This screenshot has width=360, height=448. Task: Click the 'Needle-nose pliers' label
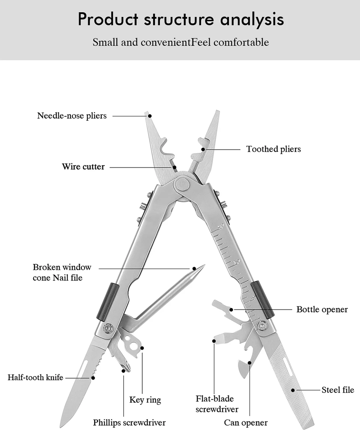point(72,116)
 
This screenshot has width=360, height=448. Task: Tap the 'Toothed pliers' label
point(273,149)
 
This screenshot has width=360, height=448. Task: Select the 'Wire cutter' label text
point(83,167)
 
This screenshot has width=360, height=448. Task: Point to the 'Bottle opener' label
point(322,309)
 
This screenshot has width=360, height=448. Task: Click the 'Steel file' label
point(337,390)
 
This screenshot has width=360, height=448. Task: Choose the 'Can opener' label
point(246,423)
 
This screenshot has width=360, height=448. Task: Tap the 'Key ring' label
point(145,400)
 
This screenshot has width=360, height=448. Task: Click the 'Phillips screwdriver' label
point(129,423)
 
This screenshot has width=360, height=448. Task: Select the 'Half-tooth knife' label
point(36,377)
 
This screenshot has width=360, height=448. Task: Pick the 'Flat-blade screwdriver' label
point(217,404)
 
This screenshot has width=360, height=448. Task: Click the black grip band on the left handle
point(108,302)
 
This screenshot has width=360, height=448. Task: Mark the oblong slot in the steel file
point(288,366)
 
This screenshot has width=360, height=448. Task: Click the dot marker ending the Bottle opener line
point(232,309)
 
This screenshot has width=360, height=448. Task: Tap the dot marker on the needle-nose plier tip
point(150,116)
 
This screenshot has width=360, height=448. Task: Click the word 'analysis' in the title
point(252,19)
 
